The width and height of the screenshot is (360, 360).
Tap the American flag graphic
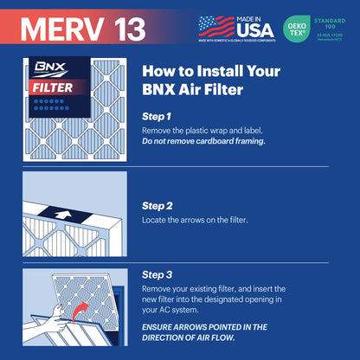215,25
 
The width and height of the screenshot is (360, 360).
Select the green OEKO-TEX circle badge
298,27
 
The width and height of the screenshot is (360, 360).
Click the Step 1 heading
157,115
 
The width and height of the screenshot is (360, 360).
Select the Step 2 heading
157,205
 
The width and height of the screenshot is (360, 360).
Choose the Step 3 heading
157,273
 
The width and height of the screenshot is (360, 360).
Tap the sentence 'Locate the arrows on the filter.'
195,220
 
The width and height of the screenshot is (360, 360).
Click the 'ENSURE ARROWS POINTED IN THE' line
217,327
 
